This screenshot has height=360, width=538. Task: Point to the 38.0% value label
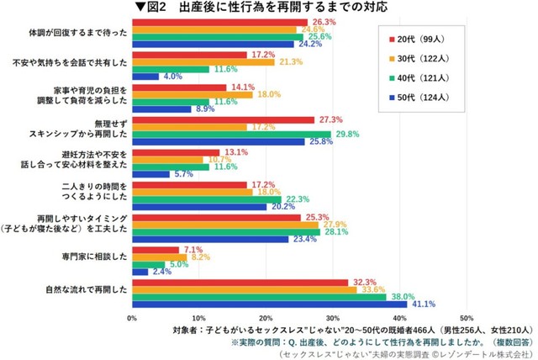pyautogui.click(x=403, y=296)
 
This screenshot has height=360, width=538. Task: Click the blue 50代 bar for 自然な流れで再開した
pyautogui.click(x=269, y=304)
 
